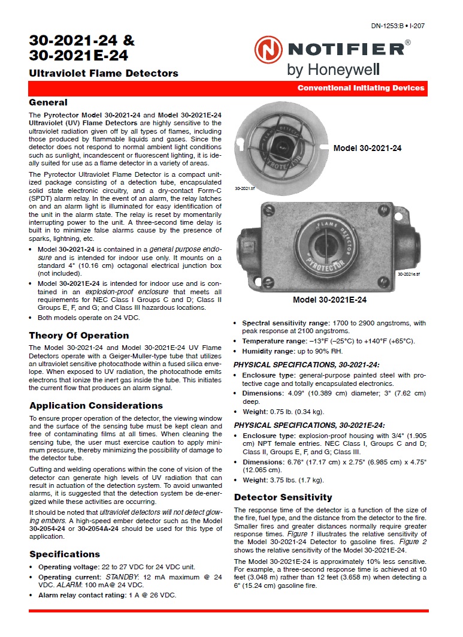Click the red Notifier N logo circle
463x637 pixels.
(267, 49)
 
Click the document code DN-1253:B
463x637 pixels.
(388, 26)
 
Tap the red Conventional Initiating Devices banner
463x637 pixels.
(361, 88)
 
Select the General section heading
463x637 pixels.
(48, 102)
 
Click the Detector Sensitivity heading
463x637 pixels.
(283, 497)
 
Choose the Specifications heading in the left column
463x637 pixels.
(65, 554)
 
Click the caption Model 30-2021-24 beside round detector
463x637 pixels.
(367, 148)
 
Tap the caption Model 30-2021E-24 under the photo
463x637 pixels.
(329, 300)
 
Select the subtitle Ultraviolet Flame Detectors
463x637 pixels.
(104, 73)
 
